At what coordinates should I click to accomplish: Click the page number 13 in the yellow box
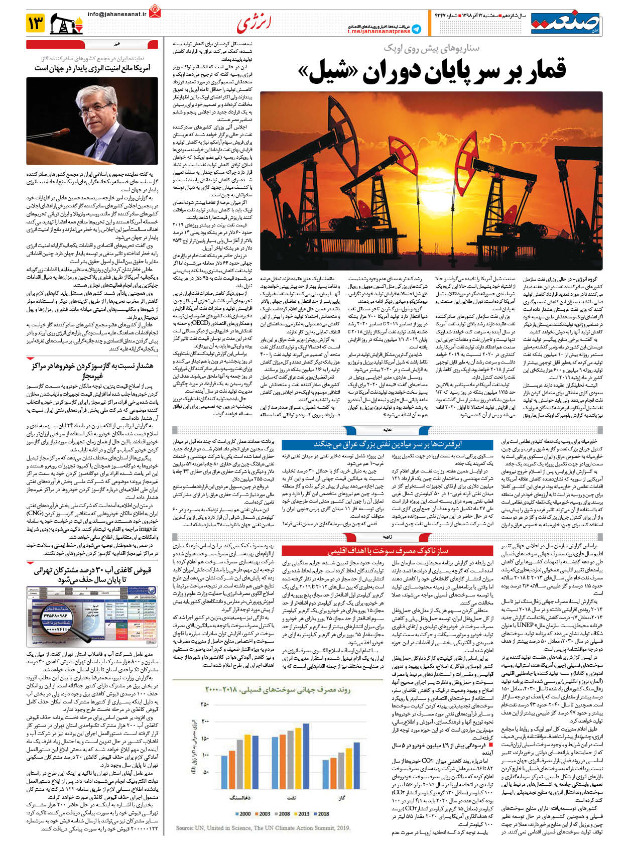click(x=36, y=23)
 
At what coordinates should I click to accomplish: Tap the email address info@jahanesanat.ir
click(x=117, y=14)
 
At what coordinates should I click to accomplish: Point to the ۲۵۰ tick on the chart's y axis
click(x=204, y=704)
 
